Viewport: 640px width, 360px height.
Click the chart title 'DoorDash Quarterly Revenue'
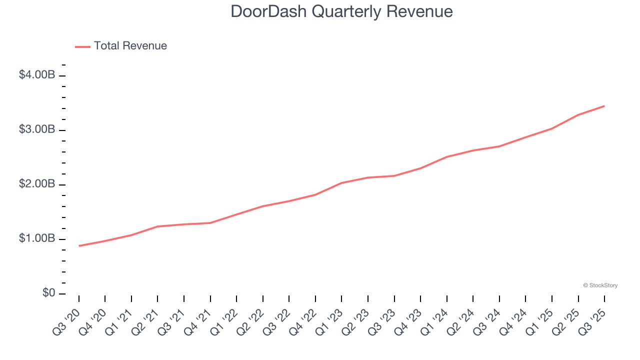click(x=341, y=11)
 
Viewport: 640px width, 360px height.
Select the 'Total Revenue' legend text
click(x=130, y=46)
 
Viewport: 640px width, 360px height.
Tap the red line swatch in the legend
click(x=82, y=46)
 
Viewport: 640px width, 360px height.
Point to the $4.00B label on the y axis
click(x=36, y=75)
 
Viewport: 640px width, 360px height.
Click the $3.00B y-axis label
click(x=36, y=129)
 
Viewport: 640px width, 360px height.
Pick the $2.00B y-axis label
click(x=36, y=184)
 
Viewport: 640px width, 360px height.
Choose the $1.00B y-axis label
click(x=36, y=238)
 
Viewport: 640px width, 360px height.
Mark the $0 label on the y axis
click(x=48, y=293)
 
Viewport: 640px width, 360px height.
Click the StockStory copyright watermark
click(x=600, y=285)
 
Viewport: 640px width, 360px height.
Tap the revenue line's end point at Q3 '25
click(x=604, y=106)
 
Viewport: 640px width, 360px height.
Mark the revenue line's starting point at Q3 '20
click(x=79, y=246)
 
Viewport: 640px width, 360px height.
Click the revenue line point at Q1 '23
click(x=341, y=183)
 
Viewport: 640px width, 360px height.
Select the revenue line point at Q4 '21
click(x=210, y=223)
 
